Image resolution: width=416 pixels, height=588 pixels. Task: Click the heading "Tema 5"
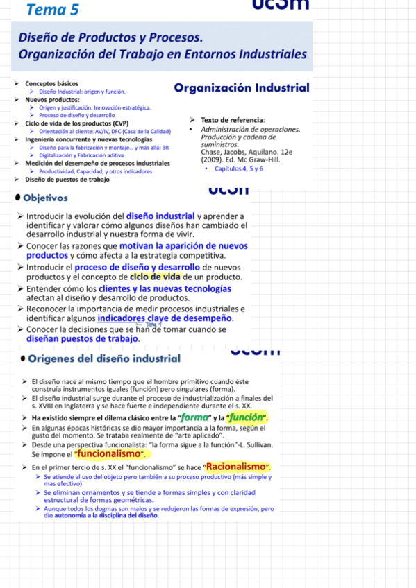coord(51,9)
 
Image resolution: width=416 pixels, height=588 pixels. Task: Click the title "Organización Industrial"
coord(242,88)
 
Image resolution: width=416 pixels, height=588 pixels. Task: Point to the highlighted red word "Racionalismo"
coord(237,466)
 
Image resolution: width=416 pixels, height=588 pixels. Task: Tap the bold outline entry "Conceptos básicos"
coord(51,83)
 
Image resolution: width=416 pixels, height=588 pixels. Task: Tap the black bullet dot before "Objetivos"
coord(17,198)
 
